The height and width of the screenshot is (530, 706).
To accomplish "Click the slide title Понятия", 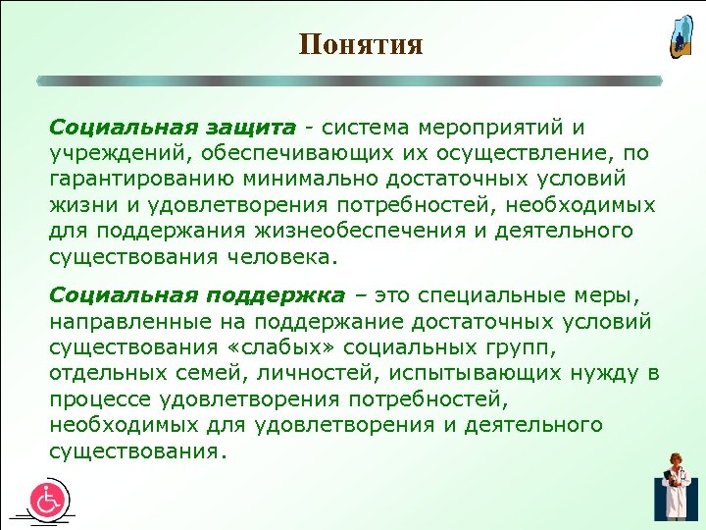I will tap(361, 45).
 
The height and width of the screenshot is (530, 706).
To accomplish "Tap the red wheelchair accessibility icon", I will tap(47, 500).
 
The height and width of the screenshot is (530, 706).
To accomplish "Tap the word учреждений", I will tap(105, 154).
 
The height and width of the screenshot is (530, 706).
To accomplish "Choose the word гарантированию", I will tap(128, 180).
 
